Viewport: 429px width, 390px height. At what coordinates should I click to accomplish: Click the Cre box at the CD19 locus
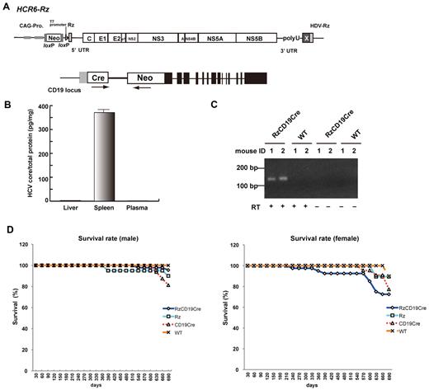pyautogui.click(x=78, y=79)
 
